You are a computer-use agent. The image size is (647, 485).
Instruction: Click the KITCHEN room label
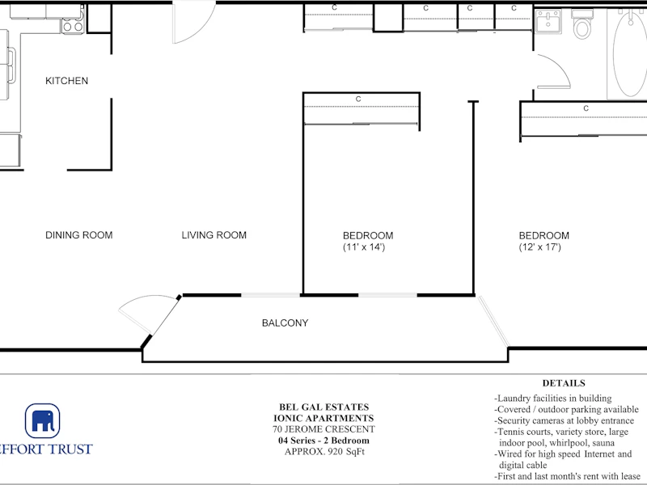click(x=67, y=80)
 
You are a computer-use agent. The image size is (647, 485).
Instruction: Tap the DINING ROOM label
click(x=78, y=235)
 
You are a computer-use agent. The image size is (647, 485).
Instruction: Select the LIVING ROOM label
click(x=214, y=235)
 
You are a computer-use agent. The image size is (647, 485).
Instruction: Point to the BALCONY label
click(x=285, y=323)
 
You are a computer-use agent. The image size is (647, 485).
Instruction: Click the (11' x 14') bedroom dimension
click(x=364, y=247)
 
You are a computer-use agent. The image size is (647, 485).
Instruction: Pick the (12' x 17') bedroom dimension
click(x=539, y=247)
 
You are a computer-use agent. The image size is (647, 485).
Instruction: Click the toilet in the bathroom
click(x=582, y=24)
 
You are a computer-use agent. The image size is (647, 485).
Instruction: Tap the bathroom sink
click(x=548, y=22)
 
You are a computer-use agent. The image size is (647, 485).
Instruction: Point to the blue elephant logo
click(x=43, y=420)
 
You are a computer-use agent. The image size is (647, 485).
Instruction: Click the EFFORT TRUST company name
click(x=45, y=449)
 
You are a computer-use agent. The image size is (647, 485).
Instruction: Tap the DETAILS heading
click(x=564, y=383)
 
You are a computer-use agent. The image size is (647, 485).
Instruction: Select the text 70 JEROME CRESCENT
click(x=323, y=429)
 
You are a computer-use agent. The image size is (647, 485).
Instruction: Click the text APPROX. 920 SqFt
click(x=324, y=452)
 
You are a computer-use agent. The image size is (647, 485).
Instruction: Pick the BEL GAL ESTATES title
click(x=324, y=407)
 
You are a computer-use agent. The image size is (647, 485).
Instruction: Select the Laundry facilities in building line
click(x=553, y=399)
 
